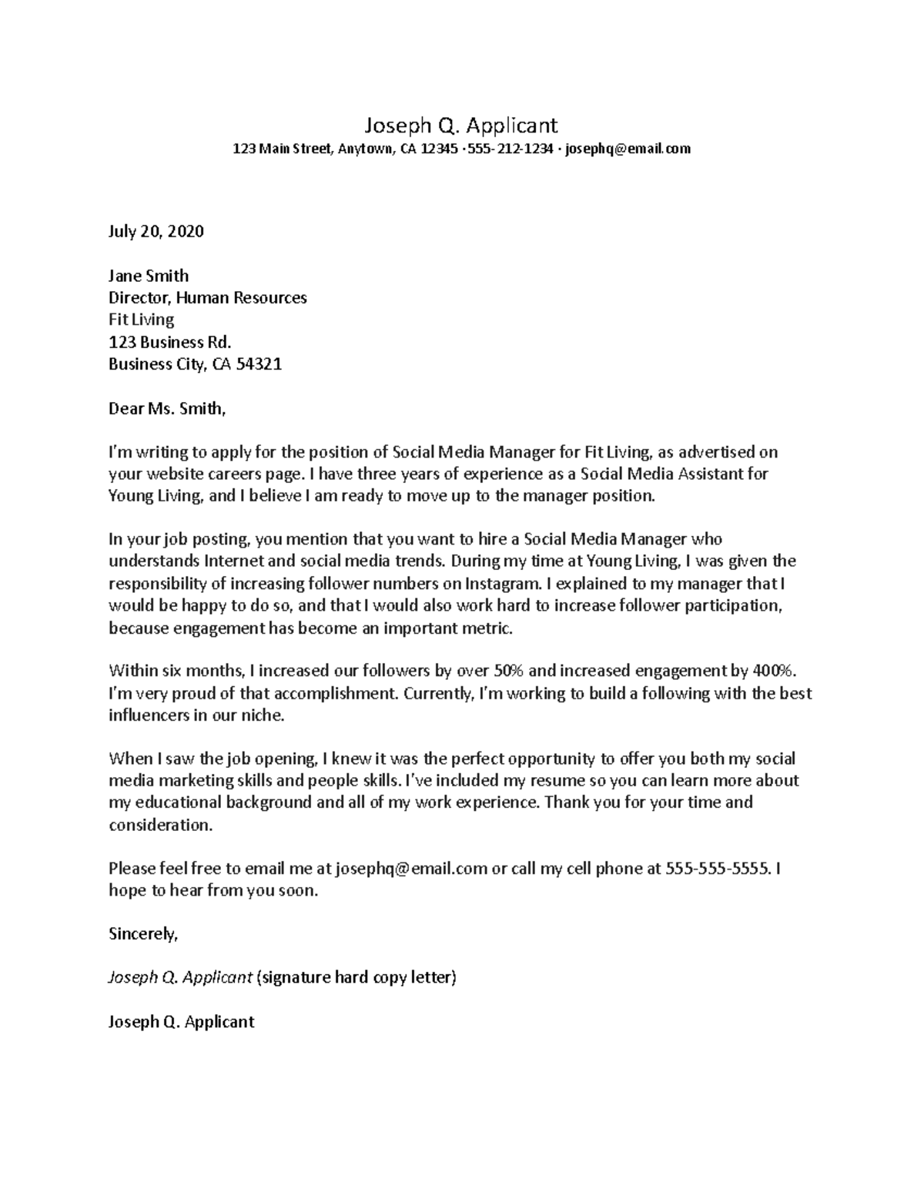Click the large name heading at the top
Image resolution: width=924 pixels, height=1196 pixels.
(x=461, y=125)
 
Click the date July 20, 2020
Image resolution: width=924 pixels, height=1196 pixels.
(x=156, y=231)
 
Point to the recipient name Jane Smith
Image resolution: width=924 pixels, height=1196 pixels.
(x=149, y=276)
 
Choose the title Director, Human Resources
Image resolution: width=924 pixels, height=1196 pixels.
(x=207, y=298)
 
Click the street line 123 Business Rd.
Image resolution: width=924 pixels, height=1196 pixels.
(x=169, y=342)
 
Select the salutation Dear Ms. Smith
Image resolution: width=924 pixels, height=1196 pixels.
(x=167, y=408)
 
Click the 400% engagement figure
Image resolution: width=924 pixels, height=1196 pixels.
(x=788, y=671)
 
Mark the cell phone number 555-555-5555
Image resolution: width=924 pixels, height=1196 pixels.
(x=717, y=869)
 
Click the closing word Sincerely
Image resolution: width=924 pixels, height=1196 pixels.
(x=143, y=934)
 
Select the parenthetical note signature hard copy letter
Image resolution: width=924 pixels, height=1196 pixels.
(x=357, y=978)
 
